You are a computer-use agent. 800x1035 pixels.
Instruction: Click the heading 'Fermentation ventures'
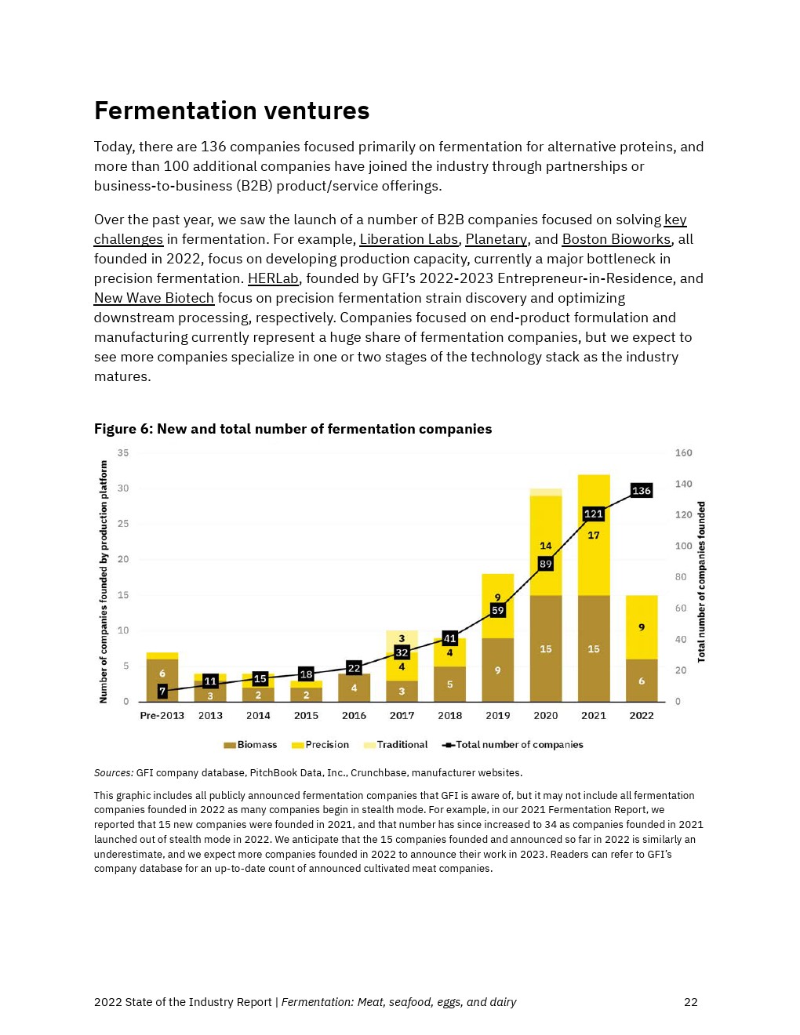231,111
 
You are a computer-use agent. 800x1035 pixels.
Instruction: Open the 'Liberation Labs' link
408,239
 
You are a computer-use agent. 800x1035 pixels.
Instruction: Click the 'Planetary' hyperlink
496,239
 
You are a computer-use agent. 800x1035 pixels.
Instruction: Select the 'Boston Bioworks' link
616,239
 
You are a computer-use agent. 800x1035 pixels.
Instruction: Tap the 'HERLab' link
273,278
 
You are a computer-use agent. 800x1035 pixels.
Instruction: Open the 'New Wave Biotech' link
154,298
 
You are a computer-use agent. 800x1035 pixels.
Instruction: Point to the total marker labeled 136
641,491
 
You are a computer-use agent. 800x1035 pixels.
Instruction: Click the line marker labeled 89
545,564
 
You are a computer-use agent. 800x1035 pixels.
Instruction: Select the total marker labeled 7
162,691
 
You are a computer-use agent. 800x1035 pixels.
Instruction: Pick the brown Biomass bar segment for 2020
546,648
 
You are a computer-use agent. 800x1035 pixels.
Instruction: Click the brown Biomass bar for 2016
354,688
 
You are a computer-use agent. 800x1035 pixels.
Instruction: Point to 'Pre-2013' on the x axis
162,716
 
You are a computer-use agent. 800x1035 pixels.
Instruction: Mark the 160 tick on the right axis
683,453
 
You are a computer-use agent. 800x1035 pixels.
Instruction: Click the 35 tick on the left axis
123,453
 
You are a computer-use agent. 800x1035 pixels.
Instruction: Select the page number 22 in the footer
690,1002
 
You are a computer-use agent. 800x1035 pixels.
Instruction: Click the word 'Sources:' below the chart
114,773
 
